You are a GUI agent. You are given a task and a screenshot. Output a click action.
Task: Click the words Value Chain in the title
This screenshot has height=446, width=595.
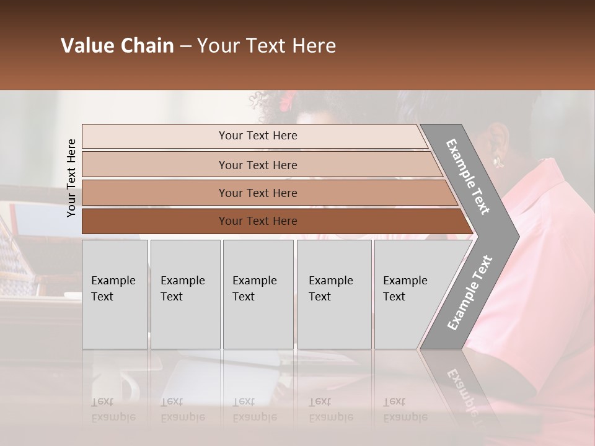point(117,46)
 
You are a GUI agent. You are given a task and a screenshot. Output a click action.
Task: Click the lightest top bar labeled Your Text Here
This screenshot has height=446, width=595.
point(257,136)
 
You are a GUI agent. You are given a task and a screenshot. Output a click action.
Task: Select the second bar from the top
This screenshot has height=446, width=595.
point(257,165)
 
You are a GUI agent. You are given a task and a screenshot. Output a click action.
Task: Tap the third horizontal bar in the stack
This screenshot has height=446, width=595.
point(257,193)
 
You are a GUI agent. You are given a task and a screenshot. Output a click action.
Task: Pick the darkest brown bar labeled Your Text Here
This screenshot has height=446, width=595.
point(257,221)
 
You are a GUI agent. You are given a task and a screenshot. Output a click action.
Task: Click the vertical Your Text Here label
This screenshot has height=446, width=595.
point(72,178)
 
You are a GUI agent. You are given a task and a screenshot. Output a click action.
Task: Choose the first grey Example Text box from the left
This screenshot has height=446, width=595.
point(115,294)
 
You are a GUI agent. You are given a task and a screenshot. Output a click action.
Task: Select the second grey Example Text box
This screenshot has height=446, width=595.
point(185,294)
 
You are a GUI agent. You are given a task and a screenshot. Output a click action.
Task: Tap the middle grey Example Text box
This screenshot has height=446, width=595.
point(258,294)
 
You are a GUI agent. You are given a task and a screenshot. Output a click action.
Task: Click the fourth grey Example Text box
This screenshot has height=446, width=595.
point(334,294)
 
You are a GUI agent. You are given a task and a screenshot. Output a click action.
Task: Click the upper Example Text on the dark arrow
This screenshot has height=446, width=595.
point(468,177)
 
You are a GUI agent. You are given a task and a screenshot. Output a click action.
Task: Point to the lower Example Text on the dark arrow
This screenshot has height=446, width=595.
point(470,292)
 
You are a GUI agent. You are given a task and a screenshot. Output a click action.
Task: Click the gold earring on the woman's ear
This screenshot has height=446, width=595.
point(496,162)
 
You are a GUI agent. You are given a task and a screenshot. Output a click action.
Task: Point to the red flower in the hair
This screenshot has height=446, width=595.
point(288,99)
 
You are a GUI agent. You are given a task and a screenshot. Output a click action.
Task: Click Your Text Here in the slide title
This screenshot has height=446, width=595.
point(267,46)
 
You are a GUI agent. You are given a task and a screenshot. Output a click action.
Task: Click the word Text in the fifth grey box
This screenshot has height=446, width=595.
point(394,297)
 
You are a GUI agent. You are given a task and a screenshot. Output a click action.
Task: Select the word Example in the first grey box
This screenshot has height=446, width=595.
point(113,281)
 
